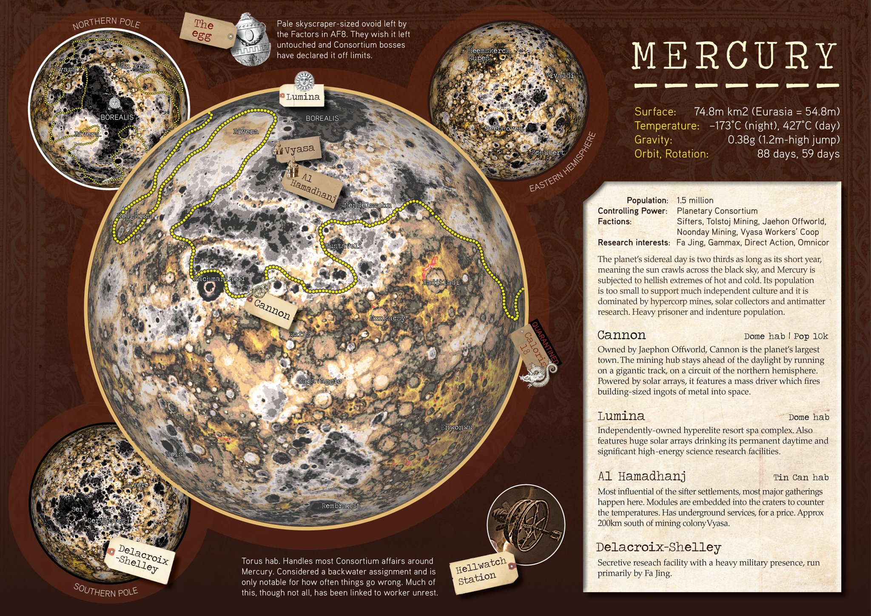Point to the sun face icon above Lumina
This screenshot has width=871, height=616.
point(304,80)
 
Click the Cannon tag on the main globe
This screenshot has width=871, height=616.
point(272,309)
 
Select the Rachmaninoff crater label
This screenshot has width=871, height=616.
point(219,279)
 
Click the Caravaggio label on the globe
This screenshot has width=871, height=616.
point(319,381)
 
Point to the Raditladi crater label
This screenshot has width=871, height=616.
point(441,282)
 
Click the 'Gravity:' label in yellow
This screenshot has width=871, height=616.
point(653,140)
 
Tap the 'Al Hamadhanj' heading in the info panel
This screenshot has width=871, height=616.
point(641,476)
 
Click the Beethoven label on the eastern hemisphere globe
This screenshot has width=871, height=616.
point(504,128)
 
